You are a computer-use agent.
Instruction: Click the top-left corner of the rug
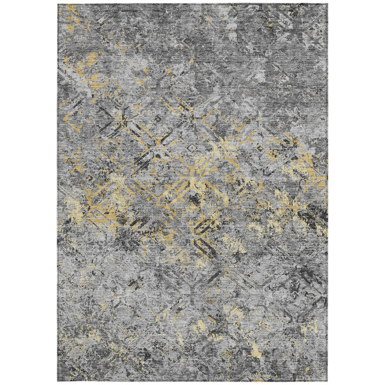[x=58, y=5]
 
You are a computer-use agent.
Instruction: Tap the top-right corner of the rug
[x=327, y=5]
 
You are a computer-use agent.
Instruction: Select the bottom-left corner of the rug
[x=58, y=380]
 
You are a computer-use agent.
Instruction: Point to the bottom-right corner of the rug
[x=327, y=380]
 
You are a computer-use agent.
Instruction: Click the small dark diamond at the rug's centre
[x=191, y=149]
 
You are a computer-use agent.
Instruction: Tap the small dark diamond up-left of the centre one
[x=157, y=119]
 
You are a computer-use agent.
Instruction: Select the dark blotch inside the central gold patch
[x=194, y=199]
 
